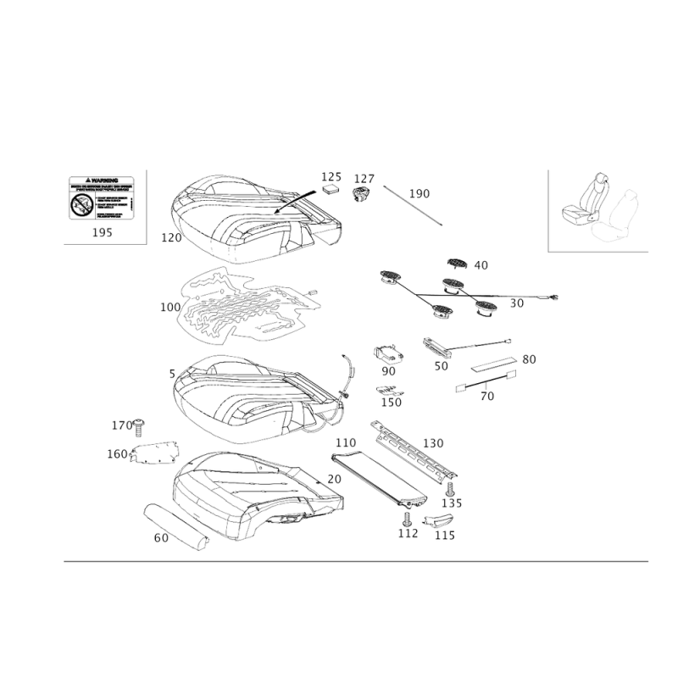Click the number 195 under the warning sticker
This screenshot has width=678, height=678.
point(101,229)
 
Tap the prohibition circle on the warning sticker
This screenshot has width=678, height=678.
point(81,203)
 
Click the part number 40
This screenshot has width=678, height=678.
point(482,265)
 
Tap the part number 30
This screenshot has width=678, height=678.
point(516,303)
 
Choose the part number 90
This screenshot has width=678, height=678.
point(389,370)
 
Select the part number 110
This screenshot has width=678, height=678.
point(343,443)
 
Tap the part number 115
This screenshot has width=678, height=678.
point(444,535)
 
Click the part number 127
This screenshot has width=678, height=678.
point(364,179)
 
